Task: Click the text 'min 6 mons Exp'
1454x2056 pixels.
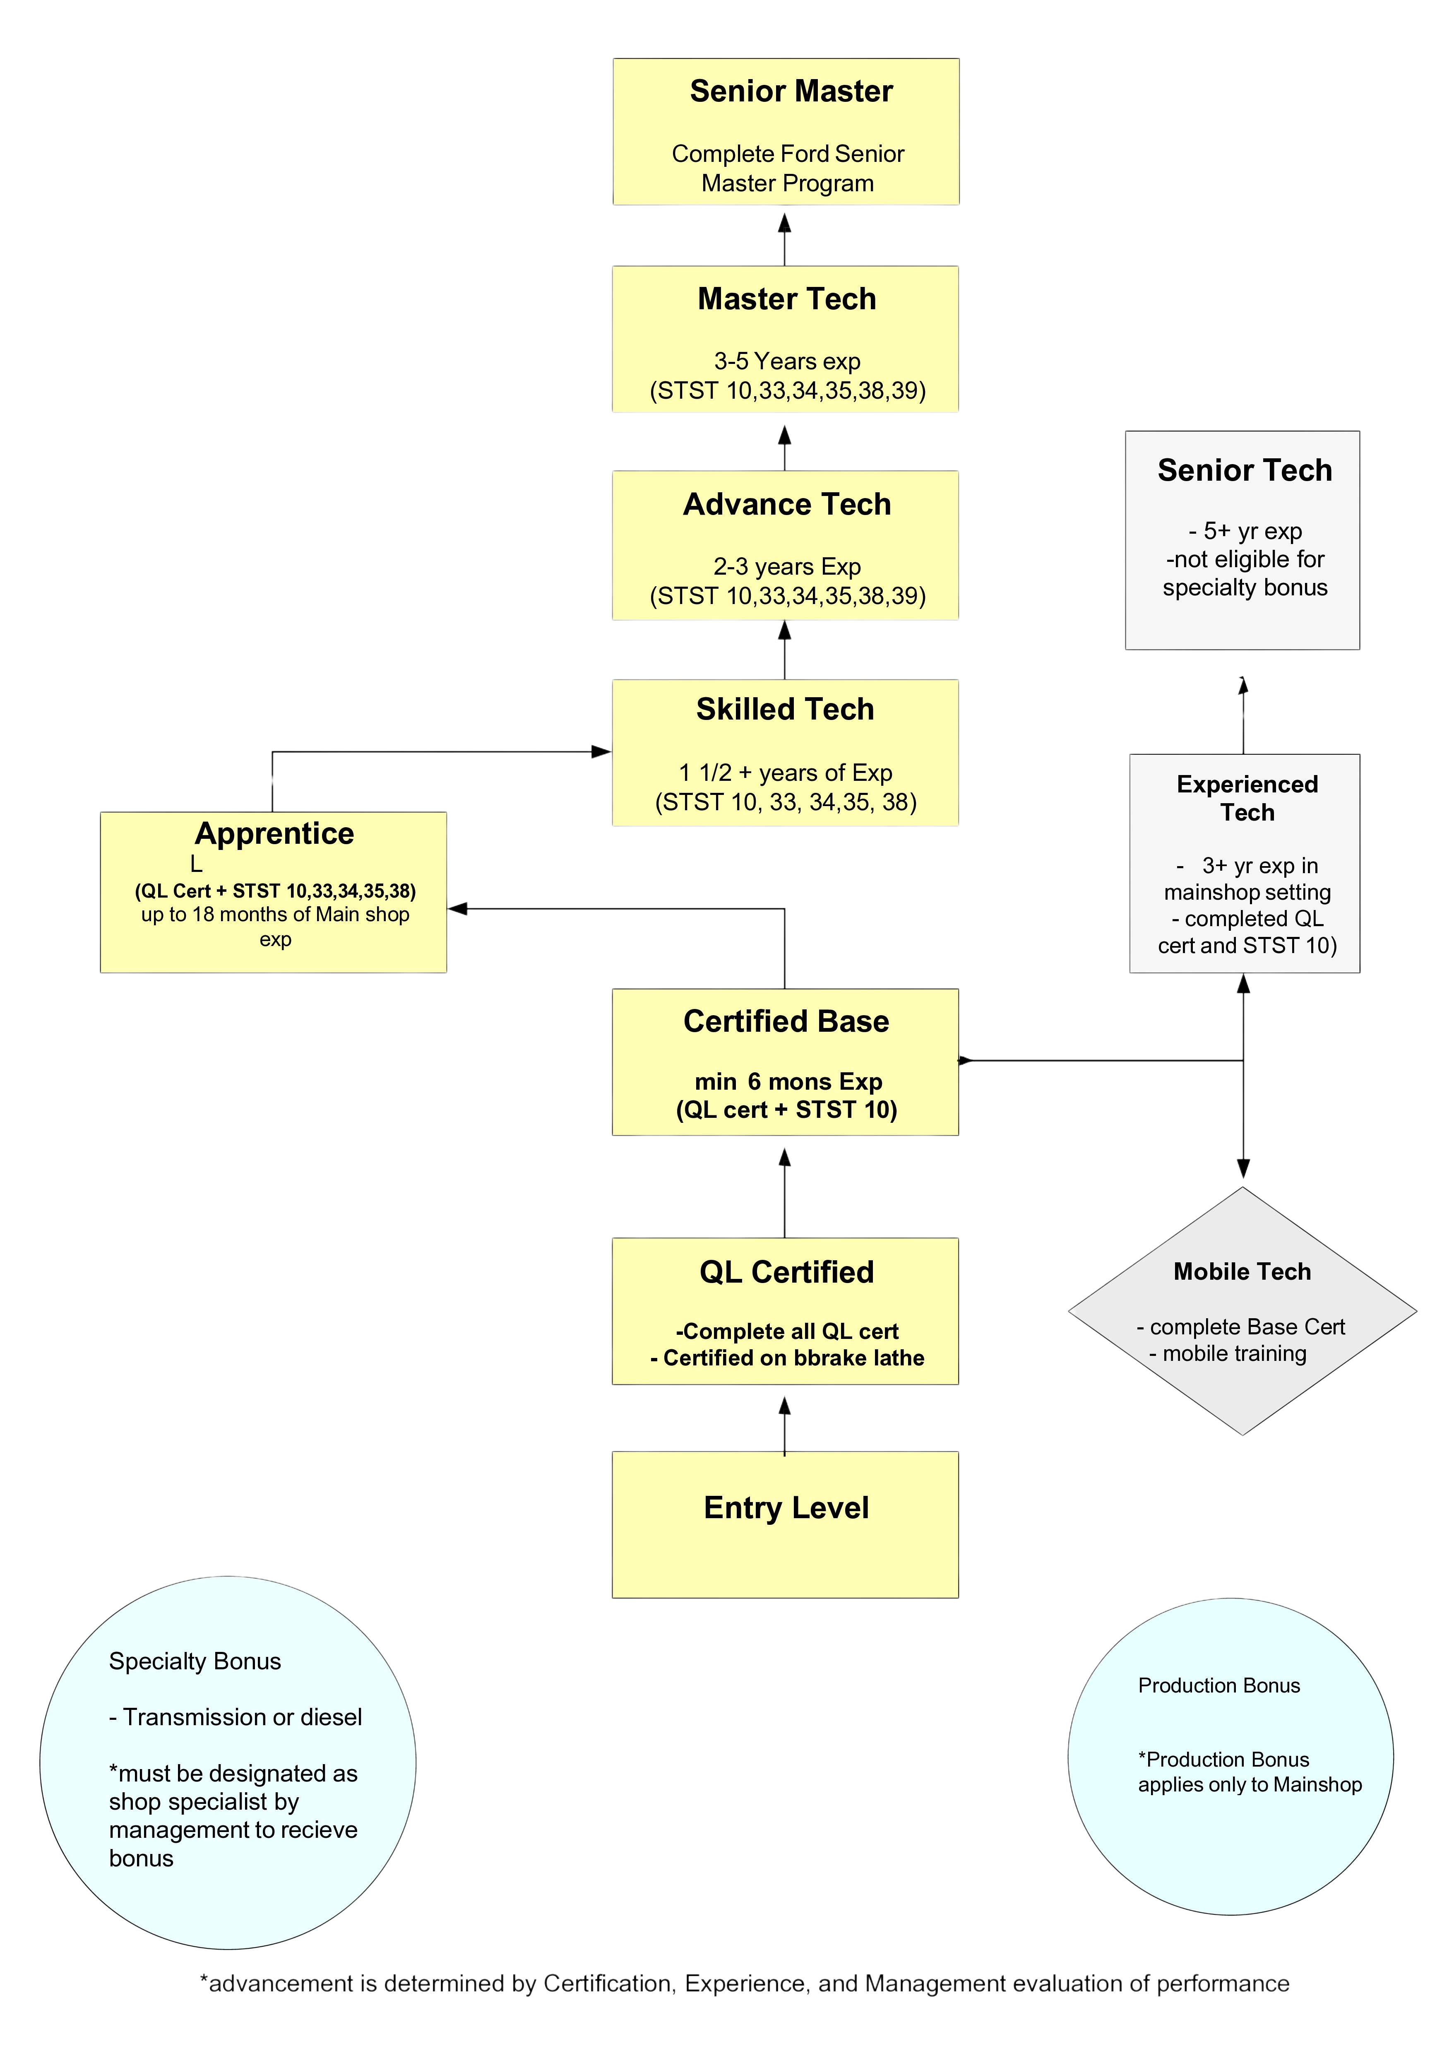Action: (x=788, y=1082)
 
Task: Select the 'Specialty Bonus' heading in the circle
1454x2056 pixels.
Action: (x=195, y=1662)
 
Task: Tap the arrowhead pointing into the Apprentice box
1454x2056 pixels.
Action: (x=457, y=909)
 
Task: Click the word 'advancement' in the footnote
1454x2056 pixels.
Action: (x=280, y=1984)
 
